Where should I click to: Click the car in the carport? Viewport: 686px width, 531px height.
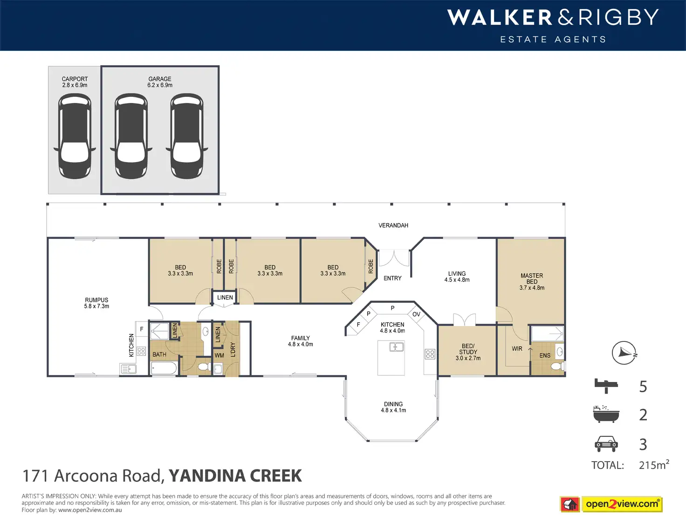(x=75, y=136)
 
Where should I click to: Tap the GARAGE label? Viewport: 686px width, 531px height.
(x=160, y=79)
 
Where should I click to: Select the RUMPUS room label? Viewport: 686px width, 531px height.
(x=96, y=300)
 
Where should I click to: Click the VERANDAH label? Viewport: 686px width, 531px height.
(x=393, y=225)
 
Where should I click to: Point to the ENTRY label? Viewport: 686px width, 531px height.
(x=392, y=278)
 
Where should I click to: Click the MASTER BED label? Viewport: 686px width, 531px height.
(x=532, y=279)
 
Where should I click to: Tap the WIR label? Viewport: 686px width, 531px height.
(x=517, y=348)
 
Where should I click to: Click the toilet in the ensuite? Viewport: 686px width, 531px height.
(x=557, y=366)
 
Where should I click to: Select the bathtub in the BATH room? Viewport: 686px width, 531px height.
(x=164, y=368)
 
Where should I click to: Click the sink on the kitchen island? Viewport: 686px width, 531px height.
(x=397, y=347)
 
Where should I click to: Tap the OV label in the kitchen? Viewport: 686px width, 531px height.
(x=416, y=314)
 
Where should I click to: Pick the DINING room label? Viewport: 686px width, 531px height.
(x=393, y=404)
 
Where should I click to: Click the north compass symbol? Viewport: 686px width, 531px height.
(x=624, y=353)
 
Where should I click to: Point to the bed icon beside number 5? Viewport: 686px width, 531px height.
(x=606, y=386)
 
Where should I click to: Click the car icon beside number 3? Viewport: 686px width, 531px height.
(x=606, y=444)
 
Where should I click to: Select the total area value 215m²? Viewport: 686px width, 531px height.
(x=654, y=465)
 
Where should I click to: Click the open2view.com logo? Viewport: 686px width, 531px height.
(x=611, y=504)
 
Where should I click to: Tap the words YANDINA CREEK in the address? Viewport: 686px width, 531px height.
(x=235, y=476)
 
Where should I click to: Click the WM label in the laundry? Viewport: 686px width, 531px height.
(x=219, y=355)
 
